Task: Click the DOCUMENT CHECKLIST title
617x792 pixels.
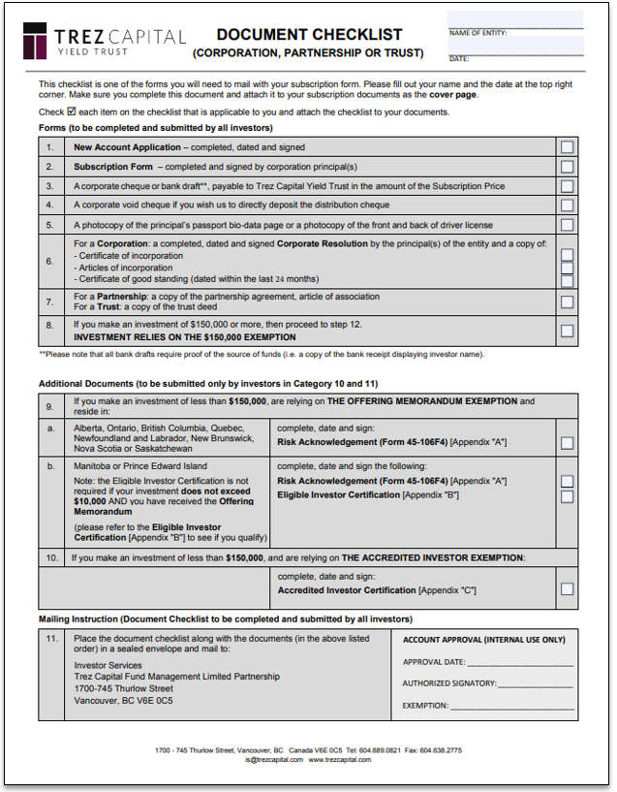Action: pyautogui.click(x=309, y=35)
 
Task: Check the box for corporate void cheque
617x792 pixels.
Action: pyautogui.click(x=567, y=205)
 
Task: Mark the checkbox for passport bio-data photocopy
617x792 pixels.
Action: pyautogui.click(x=567, y=224)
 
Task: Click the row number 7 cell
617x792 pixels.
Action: pyautogui.click(x=50, y=301)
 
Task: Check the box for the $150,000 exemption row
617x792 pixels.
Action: pyautogui.click(x=567, y=331)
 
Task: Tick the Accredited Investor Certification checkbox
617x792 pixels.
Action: pyautogui.click(x=567, y=588)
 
